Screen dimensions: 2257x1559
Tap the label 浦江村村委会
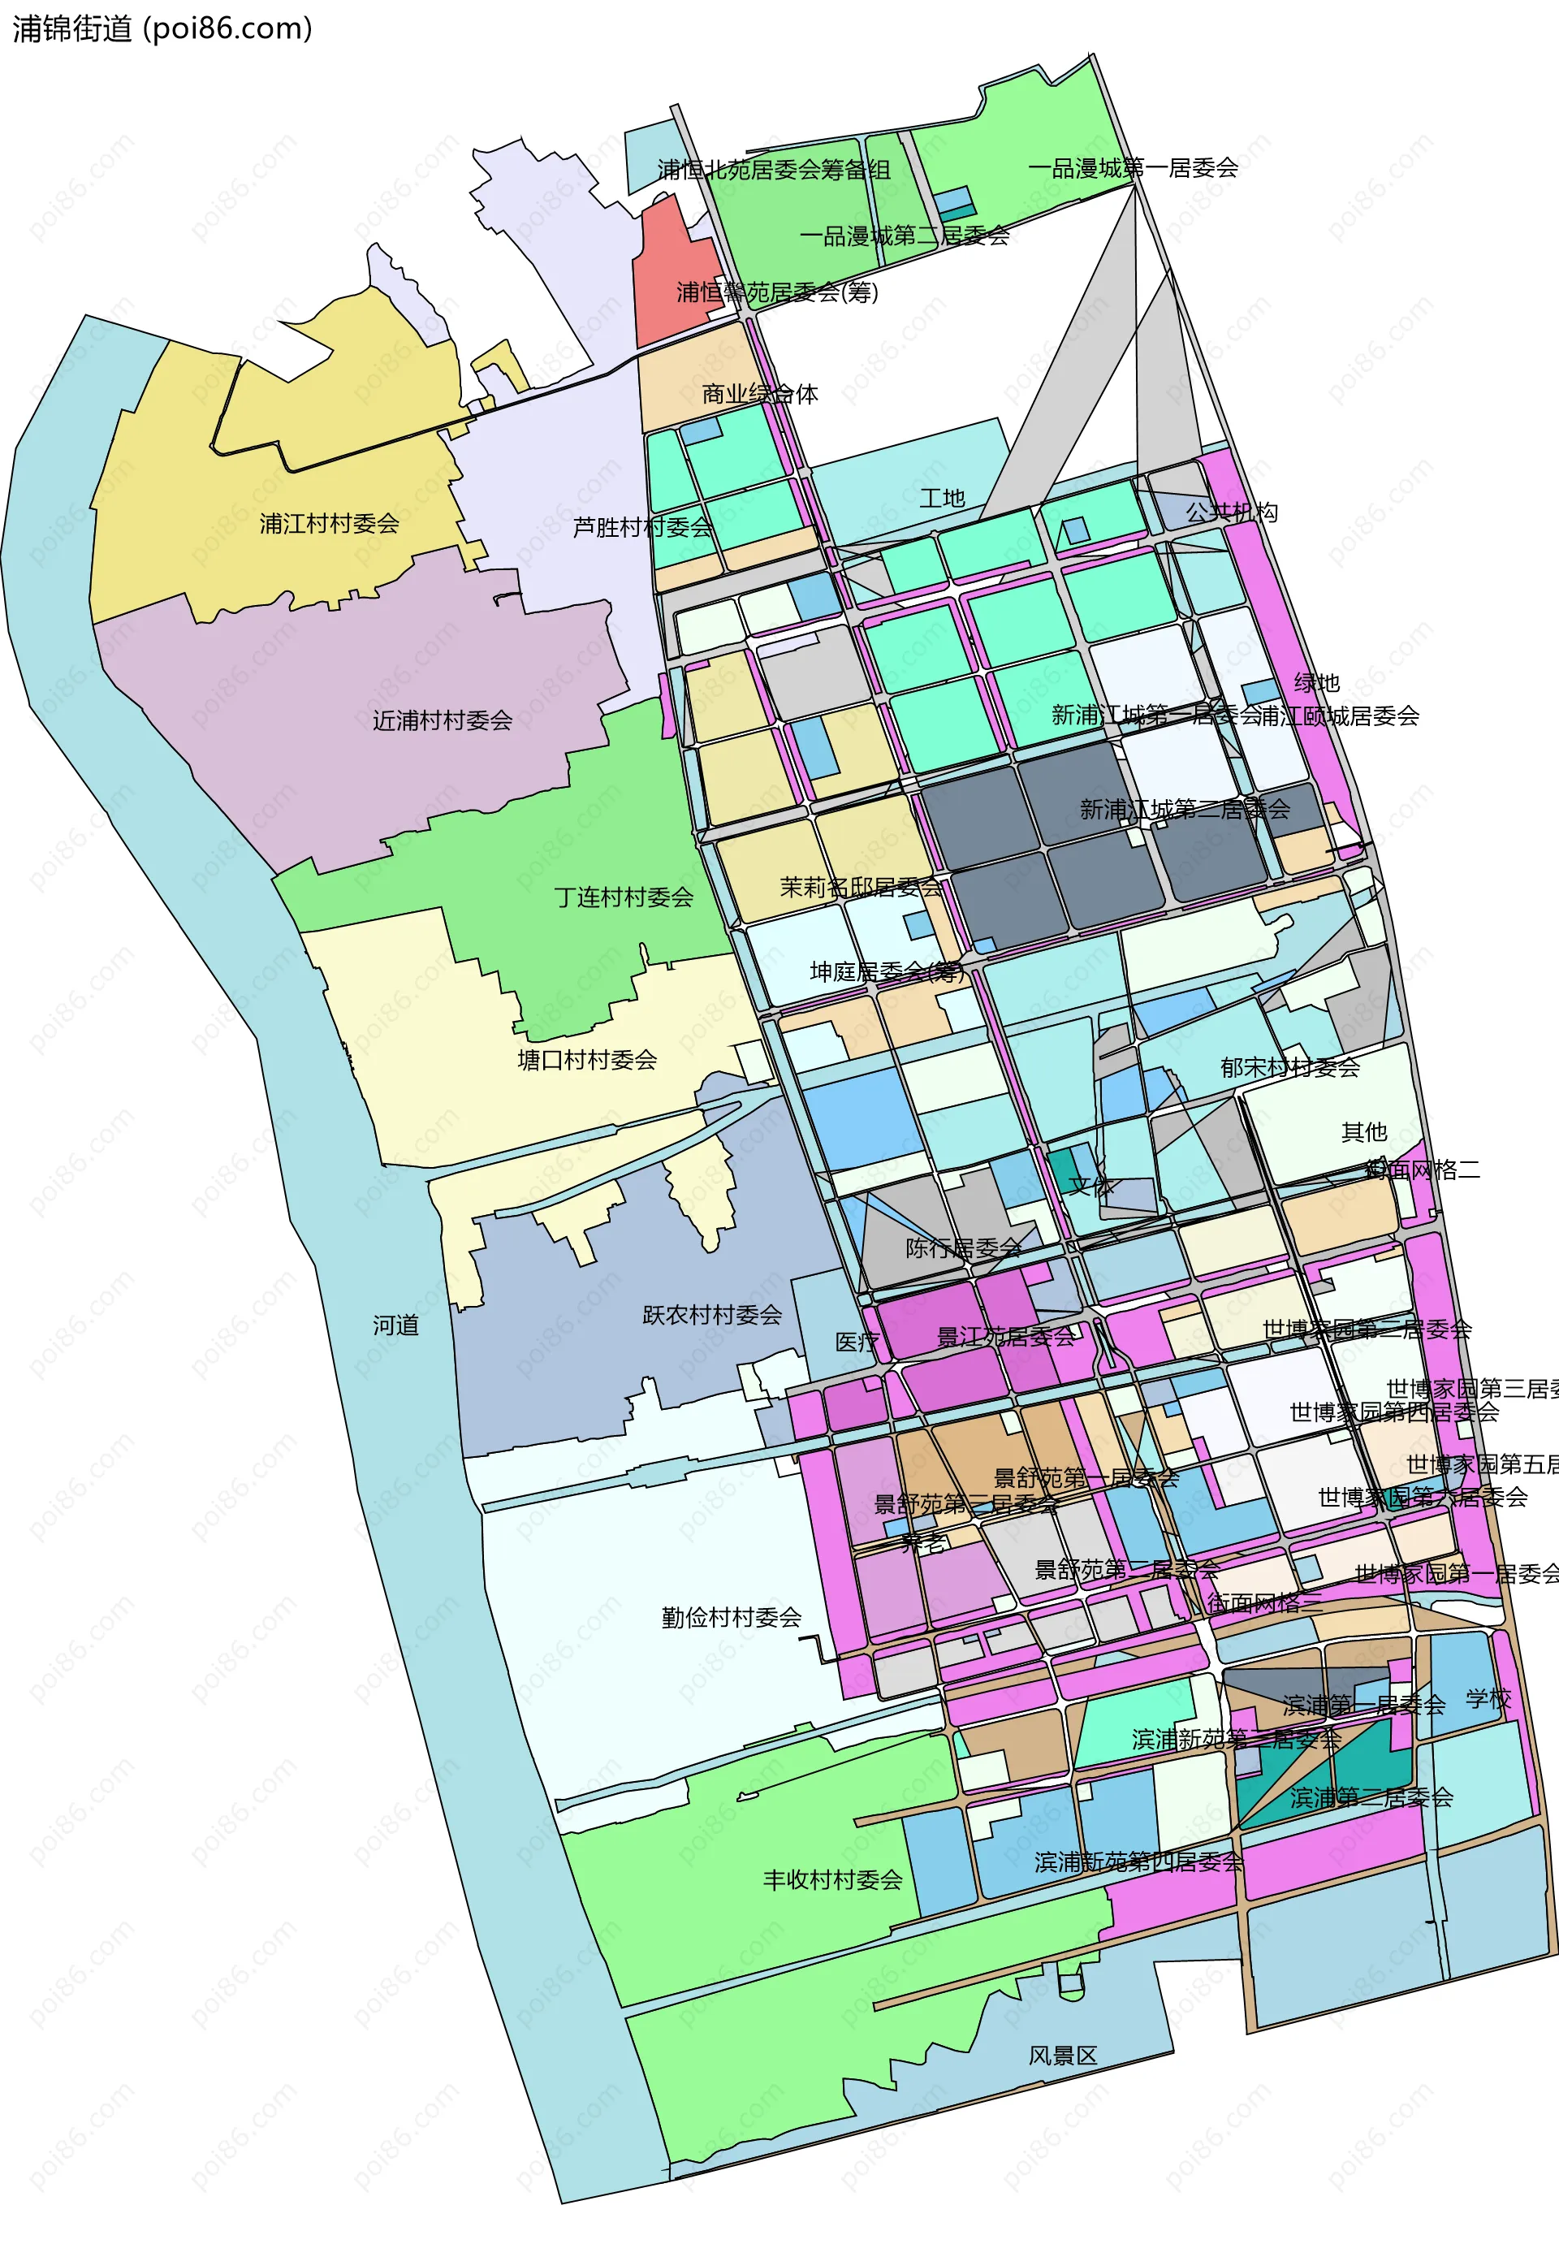pos(329,524)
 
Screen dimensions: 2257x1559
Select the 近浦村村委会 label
pos(443,720)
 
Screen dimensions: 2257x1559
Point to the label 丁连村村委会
pos(624,897)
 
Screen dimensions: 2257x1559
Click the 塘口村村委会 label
pos(587,1060)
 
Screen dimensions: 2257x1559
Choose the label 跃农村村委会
pos(712,1315)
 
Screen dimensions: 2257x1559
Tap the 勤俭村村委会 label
pos(732,1617)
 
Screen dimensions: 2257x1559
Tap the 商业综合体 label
pos(760,394)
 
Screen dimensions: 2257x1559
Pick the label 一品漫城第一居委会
pos(1132,168)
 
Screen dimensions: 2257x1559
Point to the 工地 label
pos(942,499)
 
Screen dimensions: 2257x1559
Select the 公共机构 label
pos(1231,512)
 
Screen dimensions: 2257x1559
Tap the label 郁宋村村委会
pos(1289,1067)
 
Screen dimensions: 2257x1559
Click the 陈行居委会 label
pos(963,1247)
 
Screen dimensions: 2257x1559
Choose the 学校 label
pos(1488,1699)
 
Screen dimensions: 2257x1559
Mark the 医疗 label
pos(857,1342)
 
